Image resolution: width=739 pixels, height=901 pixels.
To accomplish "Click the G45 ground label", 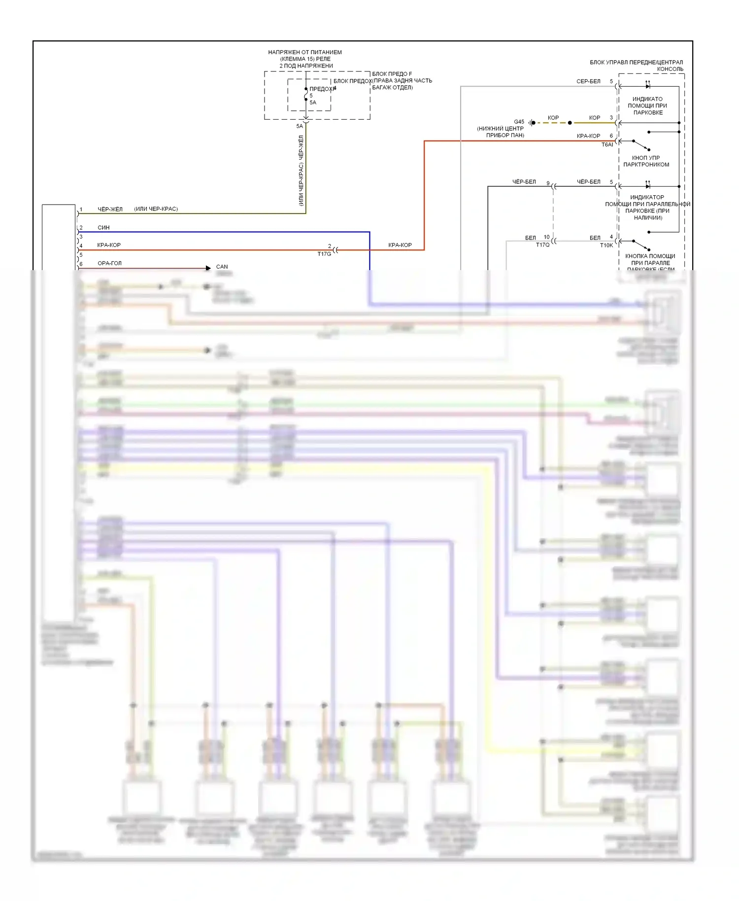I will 519,122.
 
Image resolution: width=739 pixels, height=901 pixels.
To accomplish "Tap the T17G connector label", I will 324,254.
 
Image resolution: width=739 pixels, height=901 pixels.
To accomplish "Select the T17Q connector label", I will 542,245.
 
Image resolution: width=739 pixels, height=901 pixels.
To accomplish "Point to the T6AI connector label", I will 607,145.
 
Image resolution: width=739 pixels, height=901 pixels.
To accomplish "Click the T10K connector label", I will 606,245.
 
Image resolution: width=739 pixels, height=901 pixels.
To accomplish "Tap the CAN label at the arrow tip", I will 222,267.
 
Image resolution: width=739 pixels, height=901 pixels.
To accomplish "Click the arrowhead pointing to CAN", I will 208,268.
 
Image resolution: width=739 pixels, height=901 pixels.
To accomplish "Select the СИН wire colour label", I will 103,228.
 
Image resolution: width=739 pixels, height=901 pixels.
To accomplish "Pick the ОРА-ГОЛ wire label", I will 109,263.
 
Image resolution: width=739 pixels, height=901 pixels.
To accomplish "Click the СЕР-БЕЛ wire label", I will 588,81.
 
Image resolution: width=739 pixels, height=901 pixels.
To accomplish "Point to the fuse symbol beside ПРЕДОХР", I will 306,94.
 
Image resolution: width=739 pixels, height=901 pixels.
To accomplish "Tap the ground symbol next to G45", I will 532,123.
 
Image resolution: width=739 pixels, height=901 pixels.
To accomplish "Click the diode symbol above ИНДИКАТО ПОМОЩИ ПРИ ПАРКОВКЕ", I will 648,86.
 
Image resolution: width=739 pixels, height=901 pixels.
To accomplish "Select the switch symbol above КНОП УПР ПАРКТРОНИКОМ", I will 641,145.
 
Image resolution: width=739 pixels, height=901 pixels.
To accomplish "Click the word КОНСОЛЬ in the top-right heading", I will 670,69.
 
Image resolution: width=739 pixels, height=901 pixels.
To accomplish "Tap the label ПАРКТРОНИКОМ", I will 646,165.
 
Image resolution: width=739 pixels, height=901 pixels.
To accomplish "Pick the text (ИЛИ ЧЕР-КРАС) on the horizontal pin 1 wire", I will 156,209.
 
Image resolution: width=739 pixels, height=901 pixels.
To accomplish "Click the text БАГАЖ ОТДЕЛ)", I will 392,88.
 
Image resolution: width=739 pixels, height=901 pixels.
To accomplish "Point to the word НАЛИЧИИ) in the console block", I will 648,217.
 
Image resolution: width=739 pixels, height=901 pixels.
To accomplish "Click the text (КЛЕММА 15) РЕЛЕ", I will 305,59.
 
